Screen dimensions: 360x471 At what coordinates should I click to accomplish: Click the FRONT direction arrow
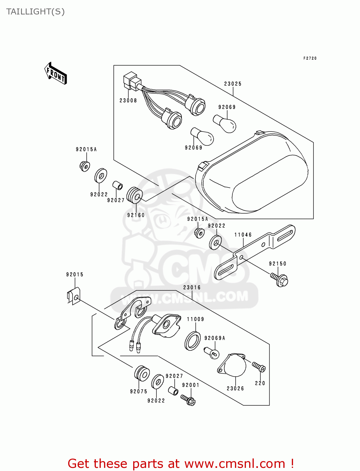(x=55, y=73)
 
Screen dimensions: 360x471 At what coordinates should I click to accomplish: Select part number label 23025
(x=233, y=84)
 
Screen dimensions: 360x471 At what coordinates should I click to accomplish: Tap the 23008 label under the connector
(x=128, y=100)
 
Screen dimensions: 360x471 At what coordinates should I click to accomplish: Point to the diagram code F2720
(x=310, y=58)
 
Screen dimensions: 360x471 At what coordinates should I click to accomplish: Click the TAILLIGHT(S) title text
(x=35, y=12)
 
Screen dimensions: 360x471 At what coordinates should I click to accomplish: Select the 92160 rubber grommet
(x=134, y=195)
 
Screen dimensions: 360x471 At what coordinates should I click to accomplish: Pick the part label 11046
(x=243, y=235)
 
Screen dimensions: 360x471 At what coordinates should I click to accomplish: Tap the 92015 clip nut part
(x=74, y=296)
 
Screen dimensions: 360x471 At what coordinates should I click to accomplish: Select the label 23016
(x=192, y=287)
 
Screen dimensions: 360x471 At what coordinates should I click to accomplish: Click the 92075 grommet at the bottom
(x=142, y=373)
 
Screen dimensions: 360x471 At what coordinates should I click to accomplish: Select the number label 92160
(x=136, y=215)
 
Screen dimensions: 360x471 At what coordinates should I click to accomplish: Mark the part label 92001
(x=191, y=385)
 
